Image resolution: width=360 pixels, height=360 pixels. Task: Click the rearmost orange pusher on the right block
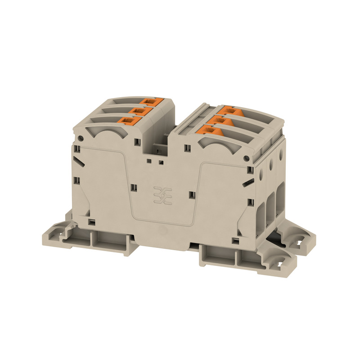click(228, 109)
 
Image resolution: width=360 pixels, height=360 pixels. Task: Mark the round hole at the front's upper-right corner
click(246, 158)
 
